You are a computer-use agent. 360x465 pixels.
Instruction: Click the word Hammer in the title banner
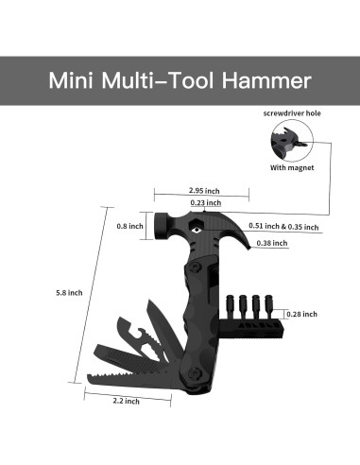(266, 80)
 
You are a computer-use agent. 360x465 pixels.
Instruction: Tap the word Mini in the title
(71, 80)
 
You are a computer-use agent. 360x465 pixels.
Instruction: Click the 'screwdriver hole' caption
(292, 113)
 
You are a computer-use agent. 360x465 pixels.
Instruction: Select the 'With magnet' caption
(292, 167)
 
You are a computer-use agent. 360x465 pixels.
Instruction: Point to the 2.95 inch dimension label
(204, 191)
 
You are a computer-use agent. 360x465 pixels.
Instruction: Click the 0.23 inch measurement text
(206, 202)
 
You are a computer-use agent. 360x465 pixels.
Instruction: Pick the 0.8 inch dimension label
(129, 226)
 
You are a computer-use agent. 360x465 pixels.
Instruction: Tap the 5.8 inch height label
(69, 293)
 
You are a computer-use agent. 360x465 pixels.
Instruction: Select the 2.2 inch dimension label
(126, 401)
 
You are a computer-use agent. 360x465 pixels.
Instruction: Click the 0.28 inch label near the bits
(301, 314)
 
